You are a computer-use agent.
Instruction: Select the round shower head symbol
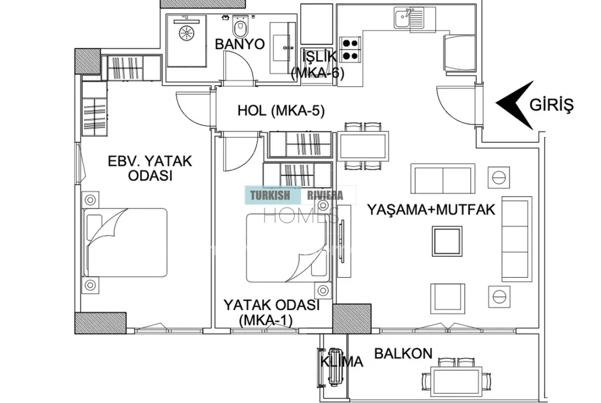point(187,32)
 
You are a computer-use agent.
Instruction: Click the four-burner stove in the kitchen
point(350,50)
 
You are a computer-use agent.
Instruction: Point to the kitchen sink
point(408,17)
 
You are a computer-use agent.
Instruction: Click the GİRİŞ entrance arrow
point(515,104)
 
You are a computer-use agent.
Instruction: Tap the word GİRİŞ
point(552,105)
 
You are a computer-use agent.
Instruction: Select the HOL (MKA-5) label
point(281,111)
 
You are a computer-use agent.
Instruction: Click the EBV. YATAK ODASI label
point(150,168)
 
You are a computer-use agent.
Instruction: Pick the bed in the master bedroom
point(125,242)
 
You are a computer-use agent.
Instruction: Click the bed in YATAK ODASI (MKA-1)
point(287,248)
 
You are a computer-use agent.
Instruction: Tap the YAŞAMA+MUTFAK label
point(431,210)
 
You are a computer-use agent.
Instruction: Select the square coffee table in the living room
point(447,241)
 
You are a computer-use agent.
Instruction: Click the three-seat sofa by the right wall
point(517,239)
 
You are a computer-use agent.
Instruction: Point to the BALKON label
point(403,353)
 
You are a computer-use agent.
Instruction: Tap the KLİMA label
point(342,361)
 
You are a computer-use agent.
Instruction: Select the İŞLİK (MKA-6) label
point(318,64)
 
